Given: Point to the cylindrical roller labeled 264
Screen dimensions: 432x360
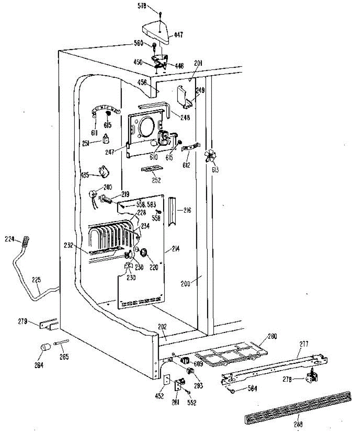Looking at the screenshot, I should [44, 349].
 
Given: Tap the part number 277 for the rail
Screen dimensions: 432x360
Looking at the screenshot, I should [305, 345].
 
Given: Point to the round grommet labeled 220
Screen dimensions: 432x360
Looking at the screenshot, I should [144, 253].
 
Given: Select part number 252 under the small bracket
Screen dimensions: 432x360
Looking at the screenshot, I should [156, 181].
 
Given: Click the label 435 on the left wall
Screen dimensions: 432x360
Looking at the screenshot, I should [85, 175].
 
